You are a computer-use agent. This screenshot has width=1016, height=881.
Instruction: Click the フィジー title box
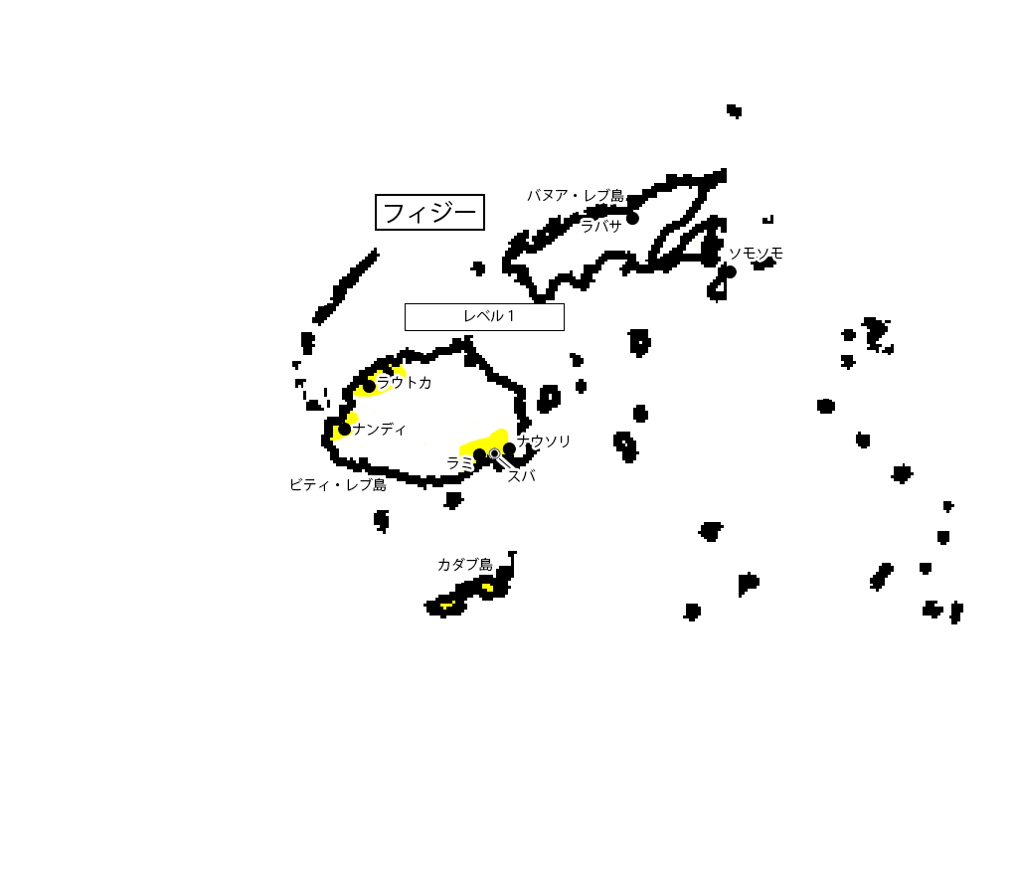tap(429, 212)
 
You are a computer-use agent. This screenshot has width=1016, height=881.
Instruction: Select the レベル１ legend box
tap(484, 316)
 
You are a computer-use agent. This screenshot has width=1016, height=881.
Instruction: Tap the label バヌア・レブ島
tap(576, 195)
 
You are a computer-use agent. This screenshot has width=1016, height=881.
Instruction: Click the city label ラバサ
tap(600, 225)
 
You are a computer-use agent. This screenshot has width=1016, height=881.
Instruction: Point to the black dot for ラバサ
tap(632, 218)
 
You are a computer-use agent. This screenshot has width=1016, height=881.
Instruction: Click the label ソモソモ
tap(756, 254)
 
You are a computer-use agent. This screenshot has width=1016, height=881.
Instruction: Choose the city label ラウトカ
tap(405, 382)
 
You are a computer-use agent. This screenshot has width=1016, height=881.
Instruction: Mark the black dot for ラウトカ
tap(369, 386)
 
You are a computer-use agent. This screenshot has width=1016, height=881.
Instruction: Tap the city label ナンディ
tap(380, 429)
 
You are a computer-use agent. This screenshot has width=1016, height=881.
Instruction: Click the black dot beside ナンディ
tap(344, 430)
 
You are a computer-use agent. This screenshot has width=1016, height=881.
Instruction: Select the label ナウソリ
tap(545, 440)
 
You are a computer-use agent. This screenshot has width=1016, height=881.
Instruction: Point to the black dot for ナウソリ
tap(509, 448)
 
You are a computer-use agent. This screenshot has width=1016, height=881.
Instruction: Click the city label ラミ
tap(459, 462)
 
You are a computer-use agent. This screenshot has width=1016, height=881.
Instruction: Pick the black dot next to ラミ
tap(479, 454)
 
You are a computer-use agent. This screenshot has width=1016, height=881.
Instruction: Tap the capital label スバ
tap(521, 476)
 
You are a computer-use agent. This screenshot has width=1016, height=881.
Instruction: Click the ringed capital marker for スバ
tap(494, 453)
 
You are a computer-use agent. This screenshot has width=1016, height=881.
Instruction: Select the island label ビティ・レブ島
tap(338, 484)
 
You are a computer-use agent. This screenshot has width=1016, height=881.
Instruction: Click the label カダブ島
tap(464, 565)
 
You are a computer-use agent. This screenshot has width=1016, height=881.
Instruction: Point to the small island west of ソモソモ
tap(695, 242)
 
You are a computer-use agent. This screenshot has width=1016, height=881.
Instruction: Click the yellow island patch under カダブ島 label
tap(487, 587)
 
